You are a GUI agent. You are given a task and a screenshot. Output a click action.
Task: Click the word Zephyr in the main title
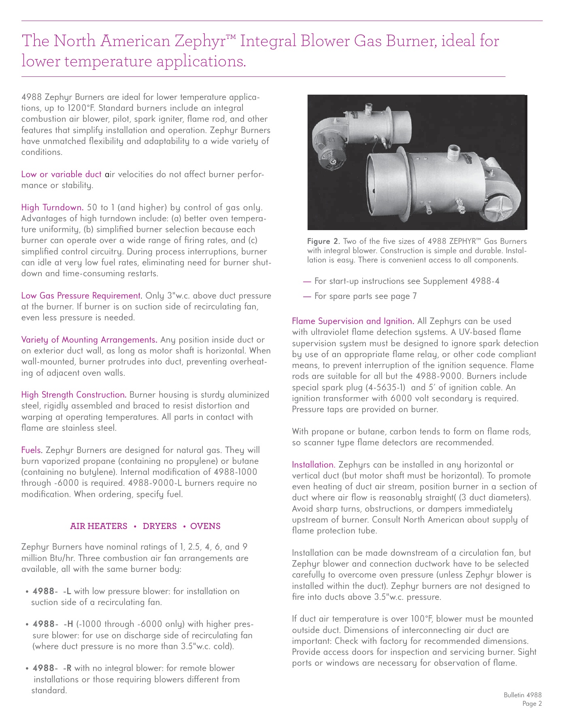(x=201, y=41)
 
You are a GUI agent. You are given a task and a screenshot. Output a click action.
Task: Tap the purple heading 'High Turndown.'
(x=52, y=207)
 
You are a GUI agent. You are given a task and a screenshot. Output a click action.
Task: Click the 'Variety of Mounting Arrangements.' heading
(x=89, y=340)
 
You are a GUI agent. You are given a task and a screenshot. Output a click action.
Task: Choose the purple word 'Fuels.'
(x=32, y=450)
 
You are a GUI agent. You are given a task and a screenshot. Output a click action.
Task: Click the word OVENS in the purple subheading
(x=205, y=526)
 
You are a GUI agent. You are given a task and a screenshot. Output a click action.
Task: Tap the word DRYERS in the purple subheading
(x=159, y=526)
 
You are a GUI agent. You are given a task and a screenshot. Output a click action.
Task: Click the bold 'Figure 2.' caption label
(x=323, y=241)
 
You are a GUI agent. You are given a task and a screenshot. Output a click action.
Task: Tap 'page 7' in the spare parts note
(x=404, y=296)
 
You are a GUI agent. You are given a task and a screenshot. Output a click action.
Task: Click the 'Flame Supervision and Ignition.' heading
(x=353, y=321)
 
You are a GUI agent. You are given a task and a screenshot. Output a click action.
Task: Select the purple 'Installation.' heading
(x=314, y=465)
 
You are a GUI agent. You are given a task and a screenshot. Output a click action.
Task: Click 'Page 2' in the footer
(x=532, y=704)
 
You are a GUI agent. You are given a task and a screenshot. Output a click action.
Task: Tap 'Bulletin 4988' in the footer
(x=523, y=695)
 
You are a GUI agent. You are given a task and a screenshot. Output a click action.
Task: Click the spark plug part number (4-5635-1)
(x=387, y=387)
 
